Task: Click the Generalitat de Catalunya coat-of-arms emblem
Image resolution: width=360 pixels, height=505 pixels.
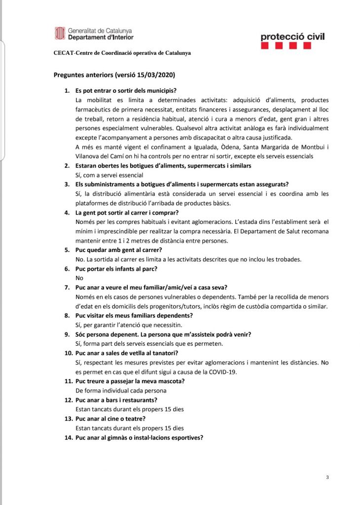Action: coord(60,34)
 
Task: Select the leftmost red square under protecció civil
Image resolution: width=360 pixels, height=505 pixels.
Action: coord(264,46)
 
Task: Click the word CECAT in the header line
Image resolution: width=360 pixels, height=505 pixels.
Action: coord(63,53)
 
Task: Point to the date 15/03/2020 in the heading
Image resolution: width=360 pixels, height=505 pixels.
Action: coord(158,75)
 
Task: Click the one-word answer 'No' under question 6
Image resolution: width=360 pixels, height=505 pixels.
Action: coord(79,278)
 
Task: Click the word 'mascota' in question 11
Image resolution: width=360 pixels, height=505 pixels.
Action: coord(170,381)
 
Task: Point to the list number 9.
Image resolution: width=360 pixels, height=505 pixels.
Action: coord(68,334)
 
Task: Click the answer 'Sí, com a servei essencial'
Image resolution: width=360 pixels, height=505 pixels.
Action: coord(109,175)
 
